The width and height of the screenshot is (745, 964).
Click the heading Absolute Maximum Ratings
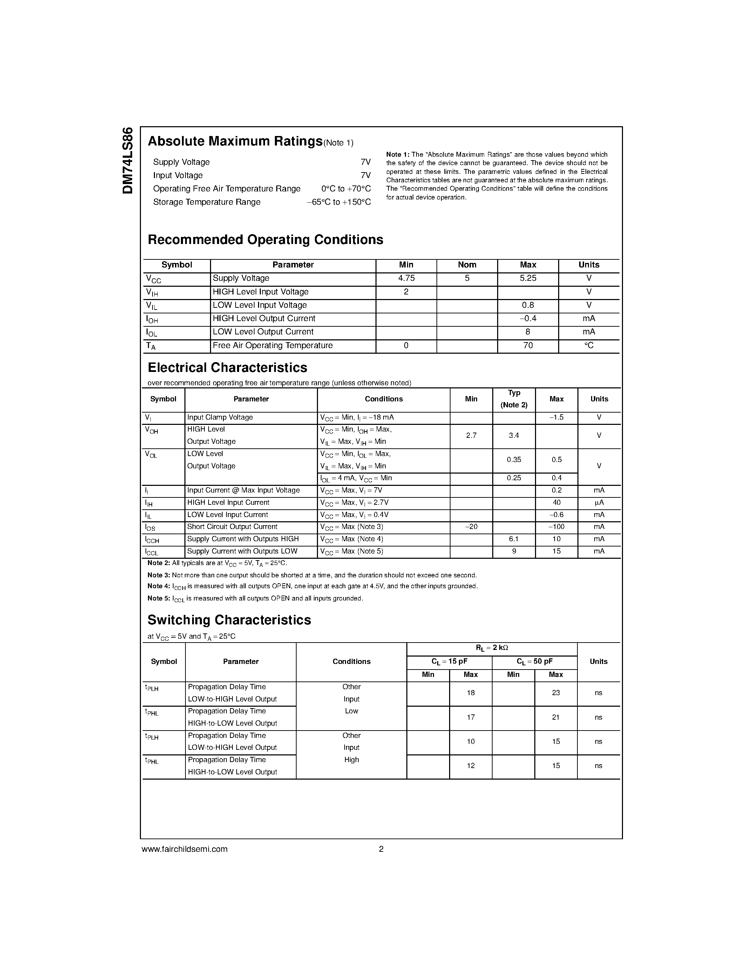pyautogui.click(x=235, y=141)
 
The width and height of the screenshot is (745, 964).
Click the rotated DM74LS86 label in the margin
pyautogui.click(x=128, y=160)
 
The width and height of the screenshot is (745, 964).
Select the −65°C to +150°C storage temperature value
pyautogui.click(x=339, y=202)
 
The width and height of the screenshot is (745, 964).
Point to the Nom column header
pyautogui.click(x=467, y=265)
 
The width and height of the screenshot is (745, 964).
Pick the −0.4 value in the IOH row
pyautogui.click(x=528, y=319)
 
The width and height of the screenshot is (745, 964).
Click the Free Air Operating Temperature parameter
pyautogui.click(x=272, y=346)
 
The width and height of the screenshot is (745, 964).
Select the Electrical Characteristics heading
pyautogui.click(x=227, y=368)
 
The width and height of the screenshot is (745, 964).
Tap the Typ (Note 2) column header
pyautogui.click(x=514, y=399)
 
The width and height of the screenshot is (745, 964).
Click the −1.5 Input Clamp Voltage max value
pyautogui.click(x=556, y=417)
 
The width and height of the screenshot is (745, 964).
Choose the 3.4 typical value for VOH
pyautogui.click(x=514, y=436)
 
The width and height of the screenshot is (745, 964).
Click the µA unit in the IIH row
pyautogui.click(x=599, y=503)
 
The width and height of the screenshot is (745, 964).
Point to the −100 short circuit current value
pyautogui.click(x=556, y=527)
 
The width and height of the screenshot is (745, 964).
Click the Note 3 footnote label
pyautogui.click(x=158, y=576)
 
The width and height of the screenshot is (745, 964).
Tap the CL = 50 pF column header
pyautogui.click(x=535, y=661)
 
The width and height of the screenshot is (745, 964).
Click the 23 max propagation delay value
pyautogui.click(x=556, y=693)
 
